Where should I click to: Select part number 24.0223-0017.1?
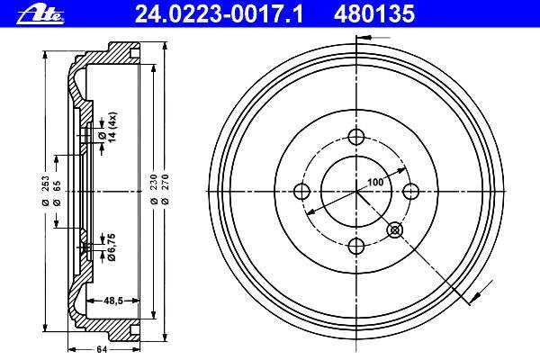(219, 14)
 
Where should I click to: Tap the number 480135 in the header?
(374, 14)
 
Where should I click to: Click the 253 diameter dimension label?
(45, 191)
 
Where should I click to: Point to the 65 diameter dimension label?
(57, 193)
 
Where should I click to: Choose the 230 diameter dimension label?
(154, 190)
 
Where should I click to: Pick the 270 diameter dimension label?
(165, 190)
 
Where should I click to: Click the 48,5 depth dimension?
(113, 301)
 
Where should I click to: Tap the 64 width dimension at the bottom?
(102, 350)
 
